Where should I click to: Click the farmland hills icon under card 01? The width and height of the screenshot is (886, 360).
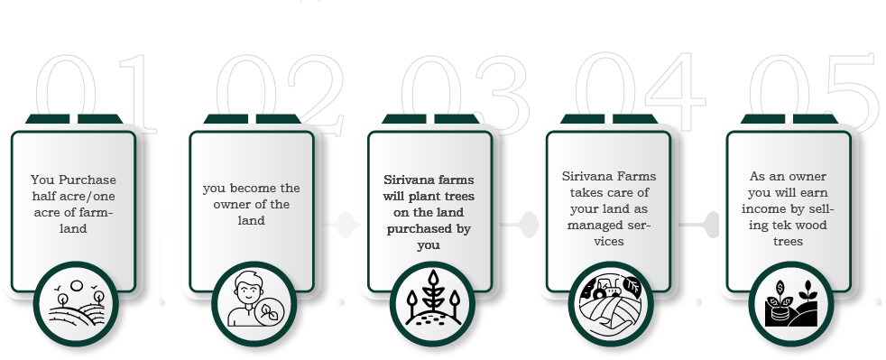pyautogui.click(x=77, y=303)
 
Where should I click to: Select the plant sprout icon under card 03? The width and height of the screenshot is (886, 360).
pyautogui.click(x=433, y=299)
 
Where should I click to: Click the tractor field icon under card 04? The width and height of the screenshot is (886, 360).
pyautogui.click(x=610, y=303)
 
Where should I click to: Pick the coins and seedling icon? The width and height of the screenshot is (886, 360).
pyautogui.click(x=791, y=303)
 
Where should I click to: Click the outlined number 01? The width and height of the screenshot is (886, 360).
pyautogui.click(x=96, y=94)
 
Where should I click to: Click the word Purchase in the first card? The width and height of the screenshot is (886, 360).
pyautogui.click(x=88, y=180)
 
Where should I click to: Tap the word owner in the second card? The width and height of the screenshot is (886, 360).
pyautogui.click(x=229, y=204)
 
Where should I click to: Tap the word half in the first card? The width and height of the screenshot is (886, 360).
pyautogui.click(x=43, y=196)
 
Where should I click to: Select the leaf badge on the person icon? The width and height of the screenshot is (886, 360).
pyautogui.click(x=268, y=310)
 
